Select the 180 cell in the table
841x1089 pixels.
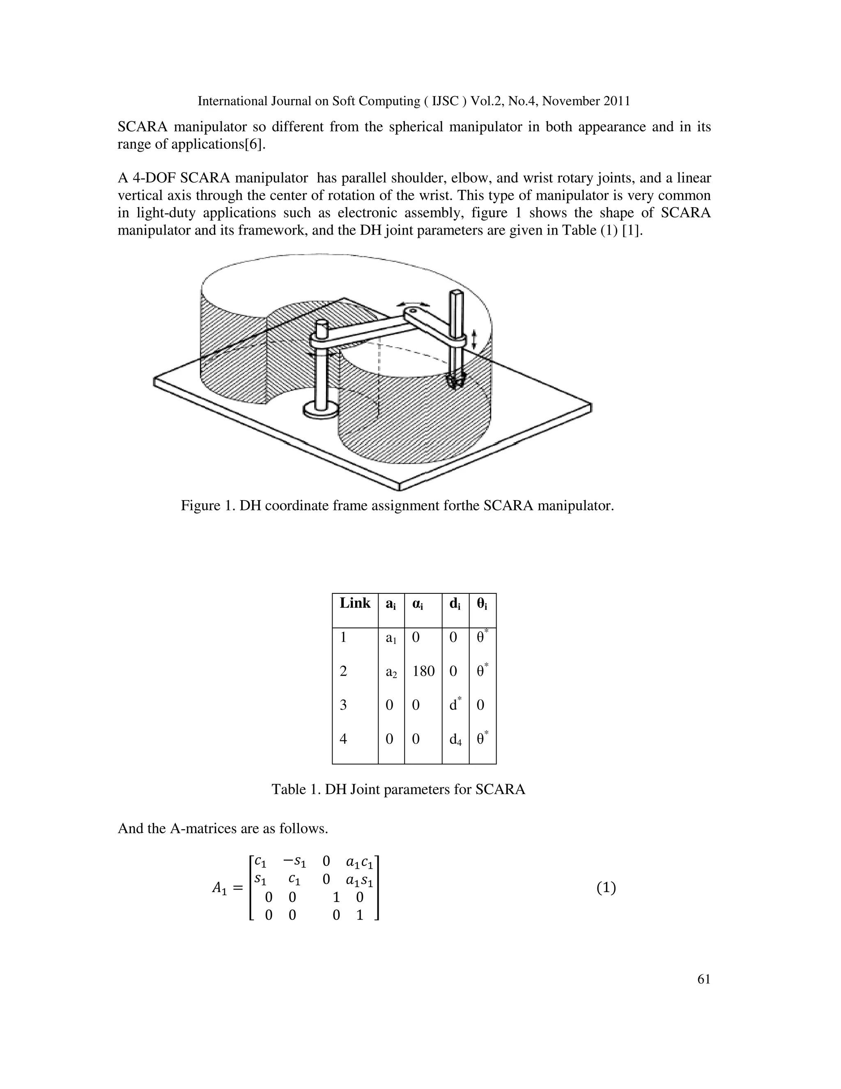[423, 671]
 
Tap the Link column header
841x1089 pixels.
[355, 603]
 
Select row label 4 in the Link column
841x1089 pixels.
[343, 738]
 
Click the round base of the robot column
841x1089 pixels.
[320, 411]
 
